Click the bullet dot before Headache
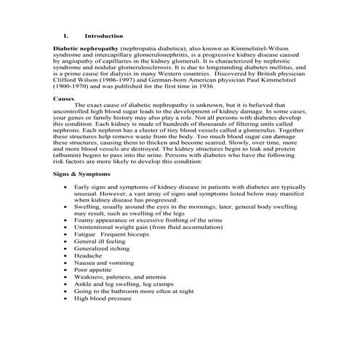(x=65, y=256)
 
